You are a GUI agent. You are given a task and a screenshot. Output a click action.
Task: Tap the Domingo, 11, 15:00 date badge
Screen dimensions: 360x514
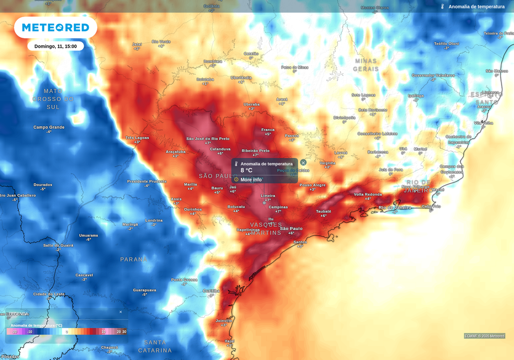click(55, 46)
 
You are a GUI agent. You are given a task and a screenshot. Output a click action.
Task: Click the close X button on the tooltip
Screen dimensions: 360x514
click(303, 163)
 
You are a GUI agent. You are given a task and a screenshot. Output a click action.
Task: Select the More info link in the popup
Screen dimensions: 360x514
click(250, 179)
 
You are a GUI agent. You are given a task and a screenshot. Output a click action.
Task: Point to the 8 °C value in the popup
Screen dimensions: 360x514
click(246, 171)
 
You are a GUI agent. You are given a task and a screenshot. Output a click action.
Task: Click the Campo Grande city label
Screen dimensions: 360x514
click(49, 127)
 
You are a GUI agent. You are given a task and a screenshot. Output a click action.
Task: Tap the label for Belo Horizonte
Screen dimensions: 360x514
click(372, 110)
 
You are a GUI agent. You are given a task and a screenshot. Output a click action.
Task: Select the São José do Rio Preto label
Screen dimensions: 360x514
click(208, 139)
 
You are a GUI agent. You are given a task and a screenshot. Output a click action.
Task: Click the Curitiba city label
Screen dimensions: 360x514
click(211, 291)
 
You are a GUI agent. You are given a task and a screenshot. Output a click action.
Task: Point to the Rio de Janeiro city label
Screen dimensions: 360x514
click(395, 207)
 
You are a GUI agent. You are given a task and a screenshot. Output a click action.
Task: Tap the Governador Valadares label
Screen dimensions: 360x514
click(433, 75)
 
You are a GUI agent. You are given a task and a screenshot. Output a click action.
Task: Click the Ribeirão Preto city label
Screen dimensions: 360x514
click(255, 151)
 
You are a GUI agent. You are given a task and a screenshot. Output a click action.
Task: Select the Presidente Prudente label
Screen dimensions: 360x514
click(147, 181)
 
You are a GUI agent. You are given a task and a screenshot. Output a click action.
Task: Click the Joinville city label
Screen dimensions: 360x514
click(223, 320)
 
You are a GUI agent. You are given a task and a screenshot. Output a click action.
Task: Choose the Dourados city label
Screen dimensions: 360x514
click(43, 185)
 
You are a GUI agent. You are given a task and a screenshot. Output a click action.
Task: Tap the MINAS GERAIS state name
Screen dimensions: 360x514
click(366, 65)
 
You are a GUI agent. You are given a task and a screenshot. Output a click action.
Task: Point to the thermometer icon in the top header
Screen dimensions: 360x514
click(443, 7)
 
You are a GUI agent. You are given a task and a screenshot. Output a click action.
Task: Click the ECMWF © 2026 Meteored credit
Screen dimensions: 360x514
click(484, 336)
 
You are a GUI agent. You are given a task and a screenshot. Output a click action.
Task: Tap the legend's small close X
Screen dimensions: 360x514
click(120, 312)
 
